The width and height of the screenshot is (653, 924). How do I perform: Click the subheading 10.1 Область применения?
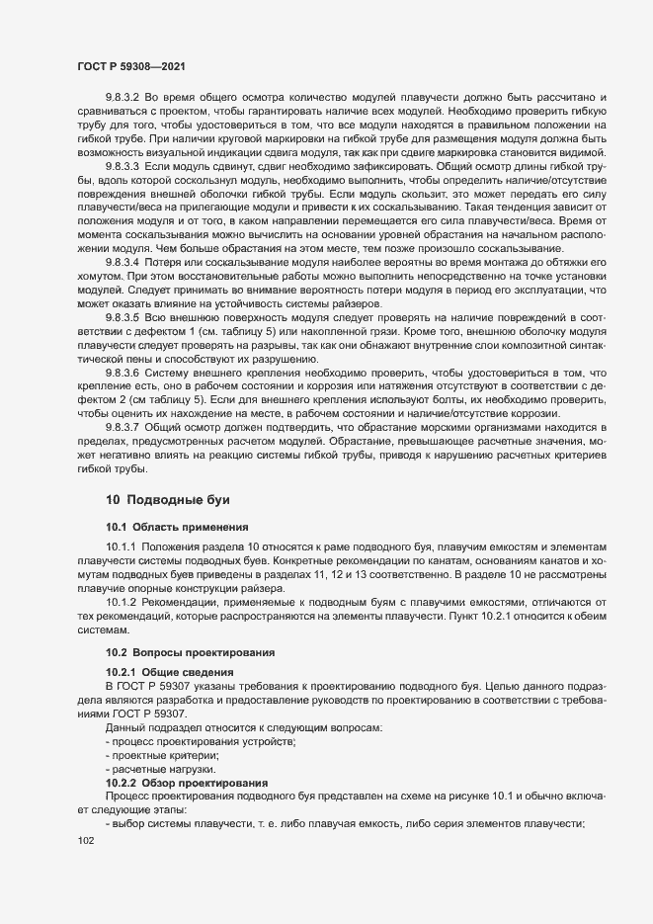(170, 526)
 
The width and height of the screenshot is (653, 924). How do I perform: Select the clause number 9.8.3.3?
(122, 169)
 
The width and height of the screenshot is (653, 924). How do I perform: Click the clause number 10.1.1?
(119, 546)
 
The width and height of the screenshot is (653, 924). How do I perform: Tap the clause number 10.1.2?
(119, 601)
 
